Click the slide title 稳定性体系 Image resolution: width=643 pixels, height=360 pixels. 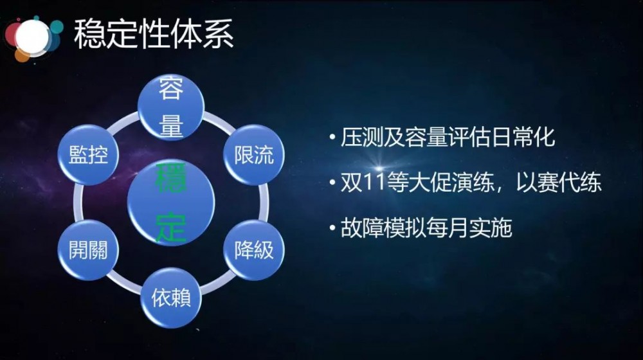[x=154, y=33]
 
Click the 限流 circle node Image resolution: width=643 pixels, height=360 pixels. [x=254, y=155]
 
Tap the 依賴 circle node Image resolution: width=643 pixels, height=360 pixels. [x=171, y=297]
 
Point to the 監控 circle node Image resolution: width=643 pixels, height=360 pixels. [x=89, y=155]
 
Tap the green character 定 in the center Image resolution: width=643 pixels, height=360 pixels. [x=171, y=226]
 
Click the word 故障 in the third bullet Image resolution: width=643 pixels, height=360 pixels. [x=359, y=229]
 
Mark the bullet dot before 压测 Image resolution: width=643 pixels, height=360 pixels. [x=332, y=138]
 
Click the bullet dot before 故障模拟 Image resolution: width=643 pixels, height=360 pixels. [x=332, y=229]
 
